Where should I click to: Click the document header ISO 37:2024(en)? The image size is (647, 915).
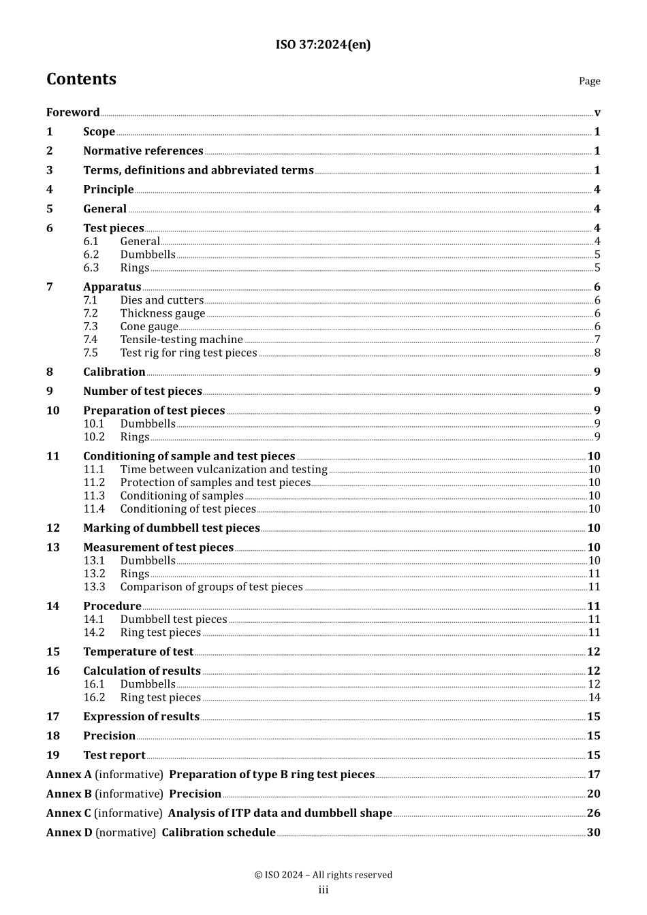pos(323,45)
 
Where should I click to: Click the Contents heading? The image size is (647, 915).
pos(81,79)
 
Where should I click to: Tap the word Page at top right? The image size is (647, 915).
pos(589,81)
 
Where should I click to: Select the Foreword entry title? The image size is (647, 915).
pos(73,112)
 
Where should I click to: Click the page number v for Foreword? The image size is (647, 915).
pos(597,112)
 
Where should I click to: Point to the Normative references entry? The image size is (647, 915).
pos(143,151)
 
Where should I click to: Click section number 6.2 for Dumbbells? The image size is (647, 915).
pos(91,255)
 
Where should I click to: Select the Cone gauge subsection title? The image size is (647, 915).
pos(149,326)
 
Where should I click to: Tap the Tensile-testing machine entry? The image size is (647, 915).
pos(181,339)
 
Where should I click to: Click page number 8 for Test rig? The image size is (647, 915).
pos(597,353)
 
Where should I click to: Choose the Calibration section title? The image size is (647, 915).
pos(114,372)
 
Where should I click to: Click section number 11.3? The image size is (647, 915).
pos(94,496)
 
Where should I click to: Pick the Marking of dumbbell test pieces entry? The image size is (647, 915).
pos(172,528)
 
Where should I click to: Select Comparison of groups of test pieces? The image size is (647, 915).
pos(211,587)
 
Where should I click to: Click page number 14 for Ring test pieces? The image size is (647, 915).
pos(594,697)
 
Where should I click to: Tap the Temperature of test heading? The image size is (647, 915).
pos(138,652)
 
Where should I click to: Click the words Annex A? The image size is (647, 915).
pos(69,774)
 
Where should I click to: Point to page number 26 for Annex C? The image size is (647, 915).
pos(593,813)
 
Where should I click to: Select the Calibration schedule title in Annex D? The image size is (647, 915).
pos(219,832)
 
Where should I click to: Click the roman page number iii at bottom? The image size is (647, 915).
pos(323,890)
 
